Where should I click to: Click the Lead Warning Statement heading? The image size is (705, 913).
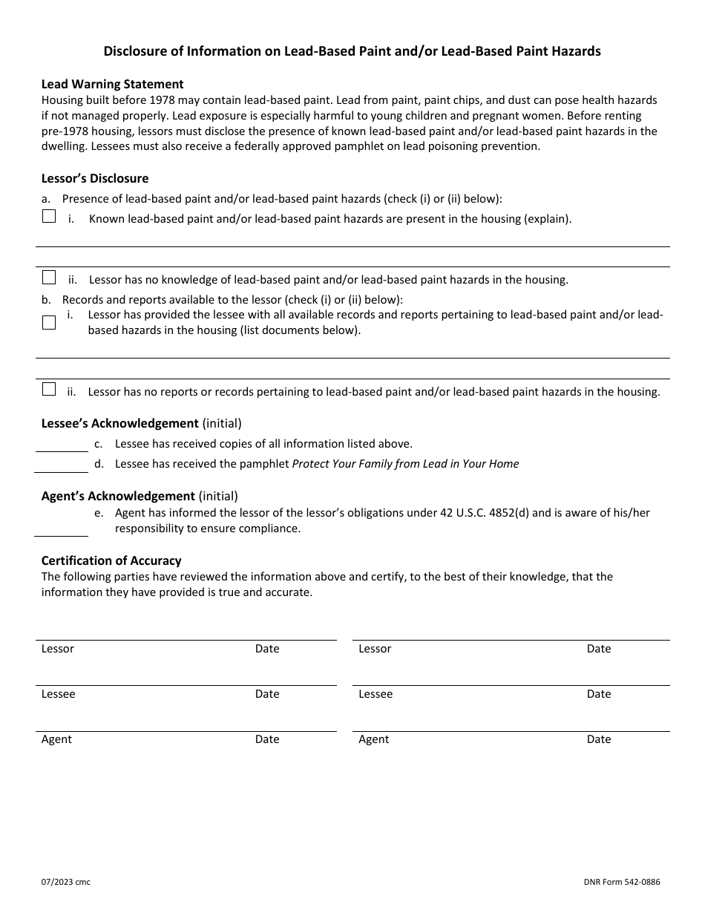[x=112, y=84]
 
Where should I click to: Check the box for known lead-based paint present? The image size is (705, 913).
[x=49, y=217]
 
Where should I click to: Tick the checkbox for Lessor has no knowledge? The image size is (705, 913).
[x=49, y=278]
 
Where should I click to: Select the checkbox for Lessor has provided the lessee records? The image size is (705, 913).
[x=49, y=322]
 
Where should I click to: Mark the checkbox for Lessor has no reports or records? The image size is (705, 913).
[x=49, y=389]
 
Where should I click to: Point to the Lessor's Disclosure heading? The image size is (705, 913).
[x=95, y=178]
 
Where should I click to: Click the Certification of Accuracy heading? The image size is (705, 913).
[x=111, y=560]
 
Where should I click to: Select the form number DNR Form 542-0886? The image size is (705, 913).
[x=621, y=883]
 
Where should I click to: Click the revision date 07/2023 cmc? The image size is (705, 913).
[x=65, y=883]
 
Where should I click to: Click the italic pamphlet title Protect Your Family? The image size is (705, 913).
[x=405, y=464]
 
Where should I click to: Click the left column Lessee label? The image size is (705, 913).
[x=58, y=694]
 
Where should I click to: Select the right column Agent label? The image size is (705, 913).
[x=373, y=739]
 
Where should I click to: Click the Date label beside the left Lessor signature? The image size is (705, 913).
[x=267, y=649]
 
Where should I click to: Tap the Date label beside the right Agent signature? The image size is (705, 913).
[x=599, y=739]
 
